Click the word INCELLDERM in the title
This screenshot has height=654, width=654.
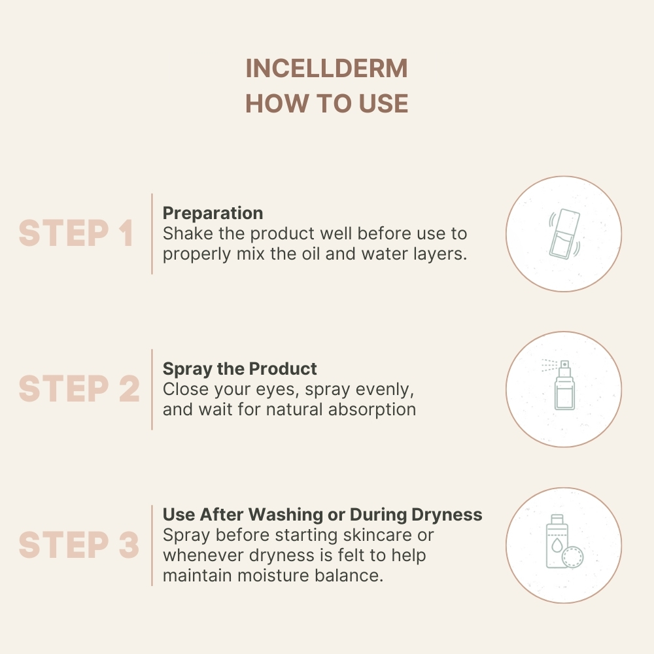pyautogui.click(x=326, y=69)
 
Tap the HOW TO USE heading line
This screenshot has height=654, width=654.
pyautogui.click(x=326, y=103)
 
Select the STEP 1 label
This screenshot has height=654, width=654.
pyautogui.click(x=76, y=233)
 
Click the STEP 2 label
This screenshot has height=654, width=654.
pyautogui.click(x=78, y=389)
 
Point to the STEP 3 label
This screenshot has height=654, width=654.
pyautogui.click(x=78, y=545)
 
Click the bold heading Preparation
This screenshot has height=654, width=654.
pyautogui.click(x=213, y=213)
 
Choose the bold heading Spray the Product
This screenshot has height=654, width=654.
pyautogui.click(x=239, y=369)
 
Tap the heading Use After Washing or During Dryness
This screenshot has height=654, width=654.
pyautogui.click(x=322, y=515)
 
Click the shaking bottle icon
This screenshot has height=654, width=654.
pyautogui.click(x=563, y=233)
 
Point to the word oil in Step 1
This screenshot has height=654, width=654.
pyautogui.click(x=310, y=254)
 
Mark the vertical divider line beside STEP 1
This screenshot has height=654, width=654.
pyautogui.click(x=152, y=233)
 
